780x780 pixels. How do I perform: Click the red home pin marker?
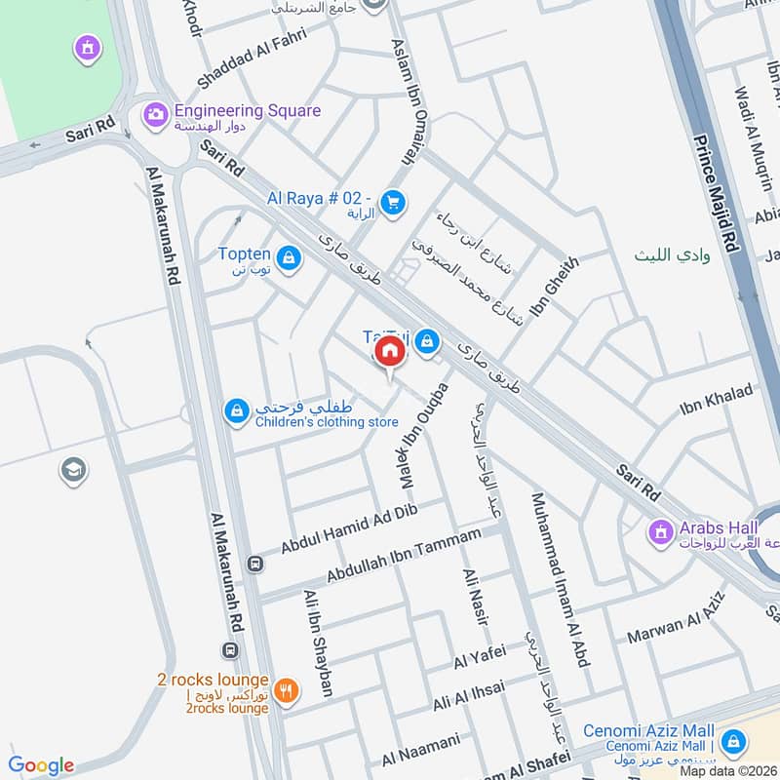click(x=390, y=352)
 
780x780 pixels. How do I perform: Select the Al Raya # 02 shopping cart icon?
click(x=393, y=202)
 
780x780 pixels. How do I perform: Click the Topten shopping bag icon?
click(x=289, y=258)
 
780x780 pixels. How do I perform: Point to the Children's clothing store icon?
click(x=236, y=412)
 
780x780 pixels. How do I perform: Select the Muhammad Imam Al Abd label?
click(x=560, y=579)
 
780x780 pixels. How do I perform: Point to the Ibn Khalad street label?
click(x=716, y=401)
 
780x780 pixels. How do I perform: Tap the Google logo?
click(x=41, y=765)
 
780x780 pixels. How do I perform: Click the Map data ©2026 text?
click(x=727, y=770)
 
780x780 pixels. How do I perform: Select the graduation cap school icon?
click(x=72, y=471)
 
